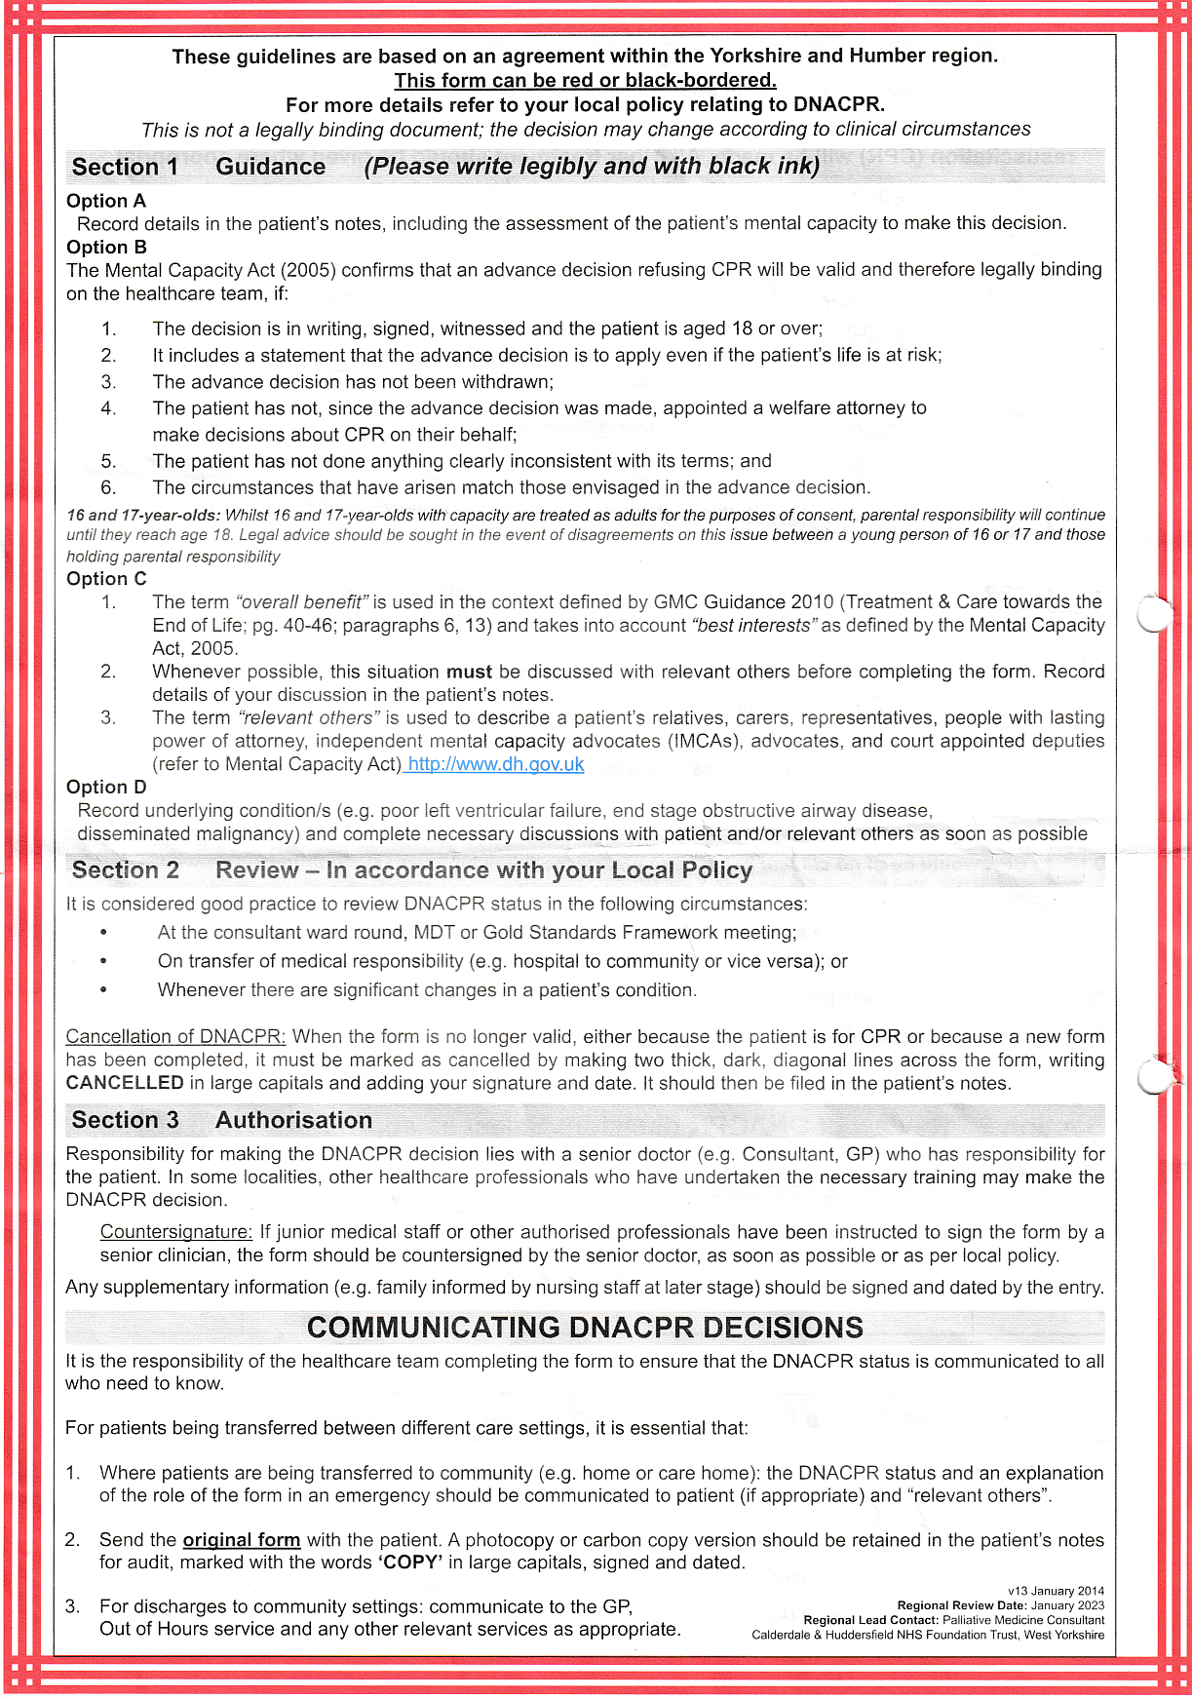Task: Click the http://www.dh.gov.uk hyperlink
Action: click(495, 764)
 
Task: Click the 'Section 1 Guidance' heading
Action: click(198, 167)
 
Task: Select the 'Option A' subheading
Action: click(106, 201)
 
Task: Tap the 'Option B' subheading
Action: click(106, 247)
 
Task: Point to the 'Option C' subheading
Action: click(106, 578)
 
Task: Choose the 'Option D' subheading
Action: click(106, 787)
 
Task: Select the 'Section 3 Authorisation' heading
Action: click(221, 1120)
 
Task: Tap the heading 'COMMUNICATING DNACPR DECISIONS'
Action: click(585, 1328)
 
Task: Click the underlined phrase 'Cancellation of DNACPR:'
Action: click(175, 1036)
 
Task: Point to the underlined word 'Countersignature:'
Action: click(176, 1232)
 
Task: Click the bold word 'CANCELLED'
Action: click(125, 1083)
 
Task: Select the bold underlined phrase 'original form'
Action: click(242, 1540)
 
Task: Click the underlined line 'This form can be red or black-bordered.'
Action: click(585, 80)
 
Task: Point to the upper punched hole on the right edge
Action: click(1154, 613)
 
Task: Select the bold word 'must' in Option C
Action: click(470, 672)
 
